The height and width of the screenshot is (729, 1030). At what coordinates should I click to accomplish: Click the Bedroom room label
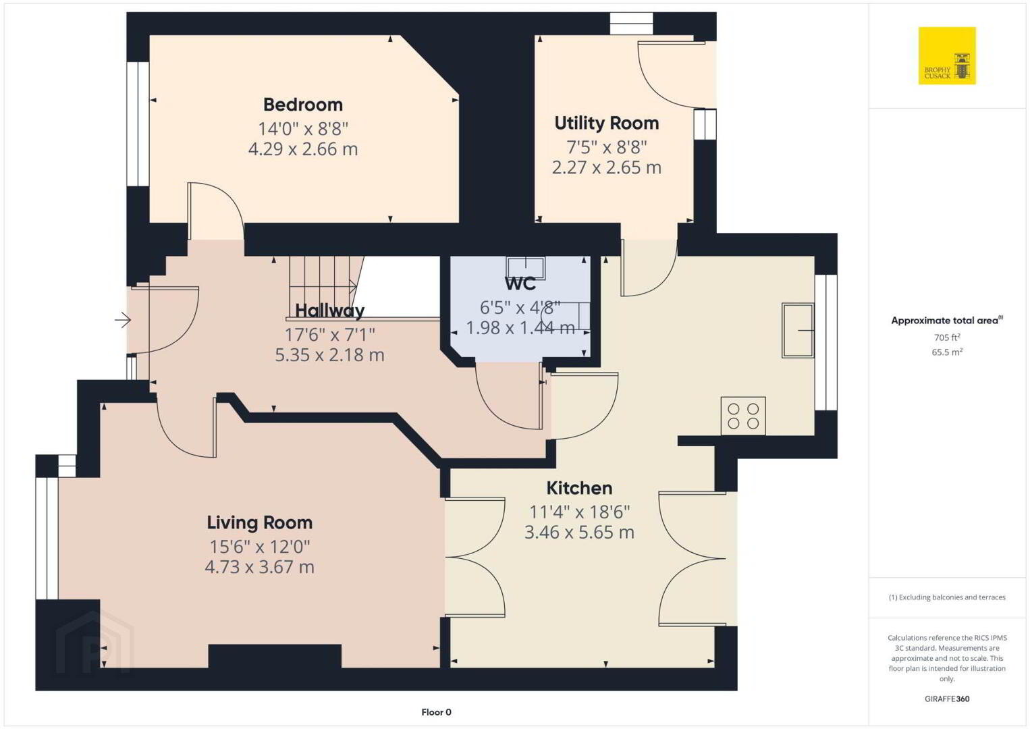tap(303, 105)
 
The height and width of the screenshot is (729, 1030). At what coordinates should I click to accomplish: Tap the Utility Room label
tap(607, 124)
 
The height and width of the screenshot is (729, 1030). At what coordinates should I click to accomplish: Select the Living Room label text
tap(259, 522)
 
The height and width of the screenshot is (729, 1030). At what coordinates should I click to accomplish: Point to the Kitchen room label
tap(579, 488)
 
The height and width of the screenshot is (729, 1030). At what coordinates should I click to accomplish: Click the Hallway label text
tap(329, 311)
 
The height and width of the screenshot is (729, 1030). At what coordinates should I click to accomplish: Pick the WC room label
tap(520, 283)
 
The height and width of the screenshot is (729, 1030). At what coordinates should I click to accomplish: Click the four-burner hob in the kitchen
tap(743, 416)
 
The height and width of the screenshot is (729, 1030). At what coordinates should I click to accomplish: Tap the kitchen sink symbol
tap(798, 330)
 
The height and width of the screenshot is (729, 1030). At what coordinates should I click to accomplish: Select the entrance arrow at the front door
tap(123, 320)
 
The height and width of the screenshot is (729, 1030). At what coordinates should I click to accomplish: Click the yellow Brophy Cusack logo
tap(947, 55)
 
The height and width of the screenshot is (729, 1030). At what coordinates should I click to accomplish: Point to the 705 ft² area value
tap(947, 337)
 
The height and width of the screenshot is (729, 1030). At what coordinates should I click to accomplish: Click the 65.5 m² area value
tap(947, 352)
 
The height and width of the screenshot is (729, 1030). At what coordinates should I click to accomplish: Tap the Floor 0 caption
tap(437, 712)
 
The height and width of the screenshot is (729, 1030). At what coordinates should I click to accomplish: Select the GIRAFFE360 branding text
tap(947, 699)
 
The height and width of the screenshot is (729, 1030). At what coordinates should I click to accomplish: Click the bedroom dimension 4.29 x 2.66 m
tap(303, 149)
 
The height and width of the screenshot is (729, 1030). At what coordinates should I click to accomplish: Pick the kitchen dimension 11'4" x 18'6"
tap(579, 512)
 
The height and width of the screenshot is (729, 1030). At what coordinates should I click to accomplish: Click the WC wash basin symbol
tap(526, 268)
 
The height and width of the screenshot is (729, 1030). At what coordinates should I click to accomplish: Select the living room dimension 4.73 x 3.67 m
tap(259, 566)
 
